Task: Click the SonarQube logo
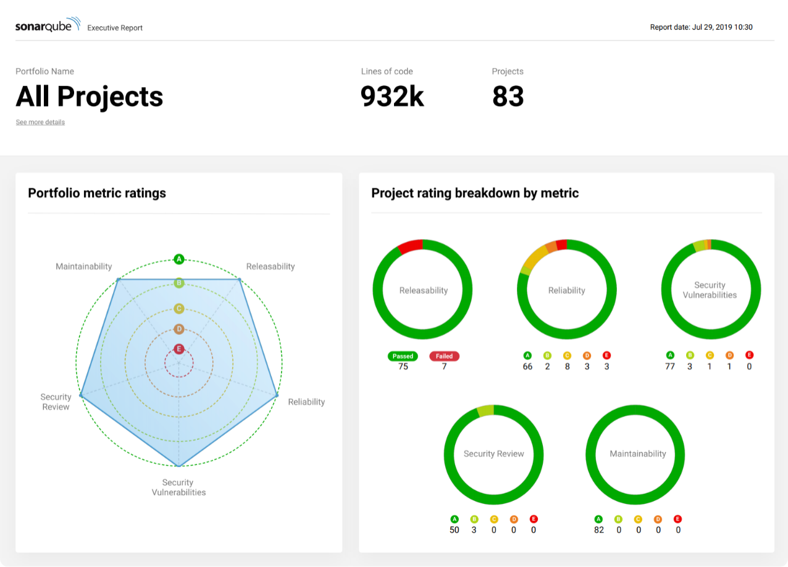pyautogui.click(x=48, y=25)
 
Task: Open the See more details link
pyautogui.click(x=40, y=122)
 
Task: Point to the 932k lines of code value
pyautogui.click(x=392, y=97)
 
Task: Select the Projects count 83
pyautogui.click(x=508, y=97)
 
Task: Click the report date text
pyautogui.click(x=701, y=27)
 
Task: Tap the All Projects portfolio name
pyautogui.click(x=90, y=97)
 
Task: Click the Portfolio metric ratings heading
pyautogui.click(x=97, y=193)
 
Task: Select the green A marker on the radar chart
pyautogui.click(x=179, y=259)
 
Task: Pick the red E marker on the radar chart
pyautogui.click(x=179, y=349)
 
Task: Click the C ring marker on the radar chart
pyautogui.click(x=179, y=308)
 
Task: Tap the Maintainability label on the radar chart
pyautogui.click(x=84, y=267)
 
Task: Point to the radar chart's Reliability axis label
pyautogui.click(x=306, y=402)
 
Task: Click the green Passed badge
pyautogui.click(x=403, y=356)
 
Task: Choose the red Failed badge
pyautogui.click(x=444, y=356)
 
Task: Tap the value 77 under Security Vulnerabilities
pyautogui.click(x=670, y=366)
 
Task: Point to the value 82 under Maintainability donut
pyautogui.click(x=598, y=530)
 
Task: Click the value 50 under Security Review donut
pyautogui.click(x=455, y=530)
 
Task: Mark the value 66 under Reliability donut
pyautogui.click(x=527, y=367)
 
